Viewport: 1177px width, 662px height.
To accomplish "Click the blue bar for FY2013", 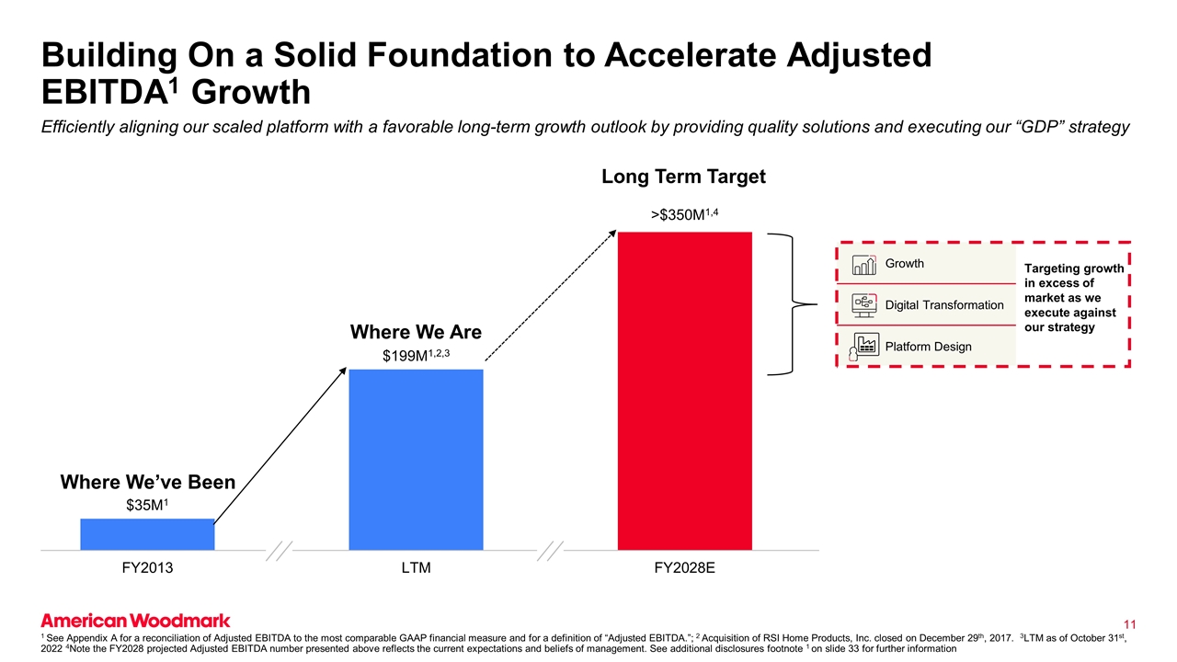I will [147, 534].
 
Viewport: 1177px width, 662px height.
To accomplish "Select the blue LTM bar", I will [416, 459].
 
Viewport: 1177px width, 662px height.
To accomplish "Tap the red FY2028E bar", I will [685, 390].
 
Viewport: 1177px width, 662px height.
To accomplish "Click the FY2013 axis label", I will [147, 568].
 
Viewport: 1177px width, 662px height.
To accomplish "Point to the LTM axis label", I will [416, 568].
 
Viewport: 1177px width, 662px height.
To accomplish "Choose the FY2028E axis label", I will [685, 568].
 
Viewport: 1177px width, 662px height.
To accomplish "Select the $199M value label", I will [416, 354].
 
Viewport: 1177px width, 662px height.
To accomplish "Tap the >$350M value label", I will [685, 215].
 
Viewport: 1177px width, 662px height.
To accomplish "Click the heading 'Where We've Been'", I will [147, 482].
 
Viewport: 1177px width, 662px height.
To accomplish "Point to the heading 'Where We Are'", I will [416, 331].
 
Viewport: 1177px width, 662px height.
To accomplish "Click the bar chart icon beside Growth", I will [864, 265].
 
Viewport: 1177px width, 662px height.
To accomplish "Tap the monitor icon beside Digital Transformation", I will [864, 304].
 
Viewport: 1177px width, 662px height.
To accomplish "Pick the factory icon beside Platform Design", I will [863, 345].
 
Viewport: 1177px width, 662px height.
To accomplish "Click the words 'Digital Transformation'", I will [944, 305].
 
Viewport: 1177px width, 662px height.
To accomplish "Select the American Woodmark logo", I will [135, 621].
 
